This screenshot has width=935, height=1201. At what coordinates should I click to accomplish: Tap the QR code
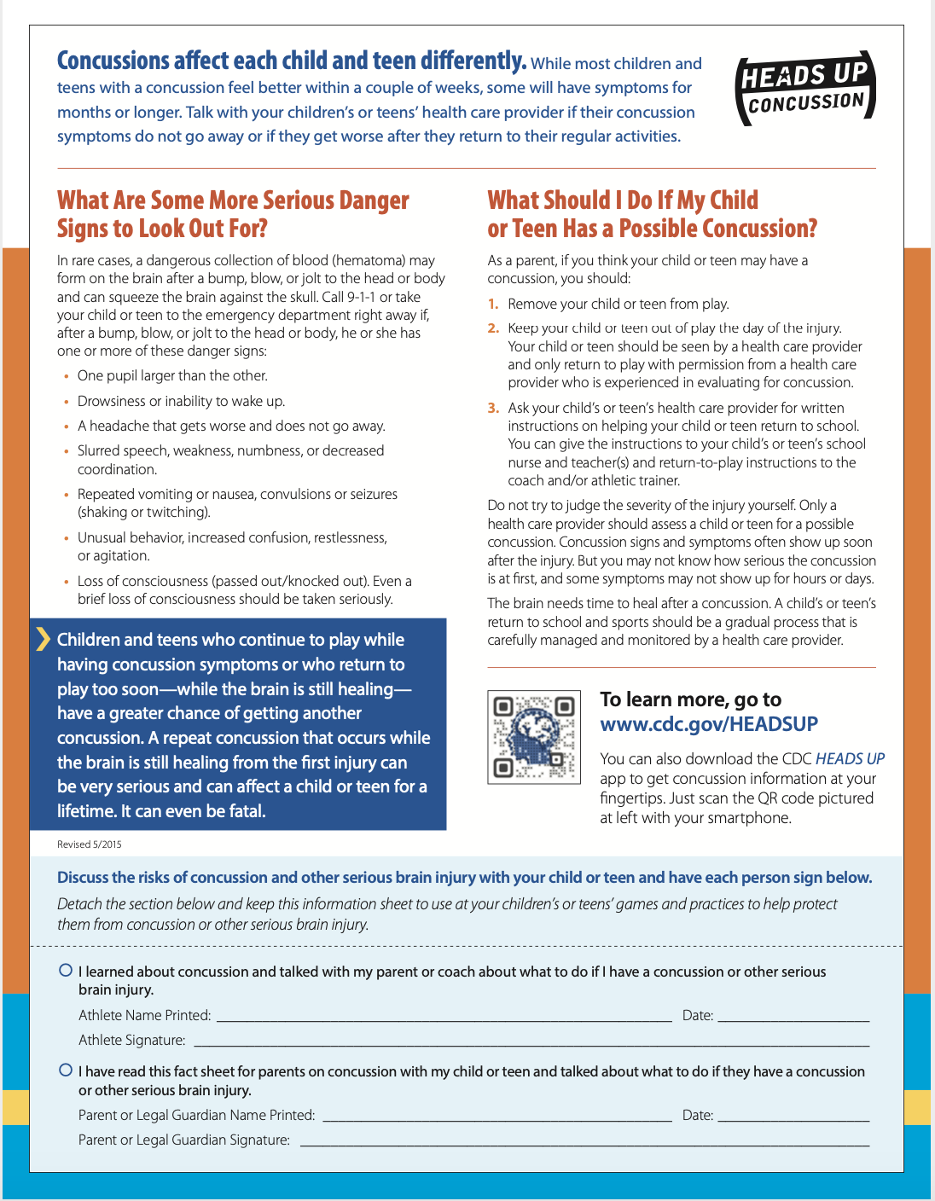[x=534, y=737]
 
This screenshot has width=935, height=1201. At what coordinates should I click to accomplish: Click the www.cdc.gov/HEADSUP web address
[x=709, y=724]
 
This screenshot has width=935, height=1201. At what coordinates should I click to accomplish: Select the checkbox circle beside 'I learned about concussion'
[x=66, y=970]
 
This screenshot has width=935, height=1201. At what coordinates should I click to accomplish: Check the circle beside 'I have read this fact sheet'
[x=66, y=1070]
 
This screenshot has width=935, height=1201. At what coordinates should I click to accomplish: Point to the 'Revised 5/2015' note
[x=90, y=844]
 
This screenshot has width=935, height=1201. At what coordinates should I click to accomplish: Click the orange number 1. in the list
[x=493, y=305]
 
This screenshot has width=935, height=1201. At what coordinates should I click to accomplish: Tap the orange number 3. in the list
[x=493, y=409]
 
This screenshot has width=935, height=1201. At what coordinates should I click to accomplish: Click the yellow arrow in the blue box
[x=43, y=639]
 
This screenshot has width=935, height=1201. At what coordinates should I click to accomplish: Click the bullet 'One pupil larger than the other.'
[x=172, y=376]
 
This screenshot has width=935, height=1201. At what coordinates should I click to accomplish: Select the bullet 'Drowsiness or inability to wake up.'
[x=181, y=401]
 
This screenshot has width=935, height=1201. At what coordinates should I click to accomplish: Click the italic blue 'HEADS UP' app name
[x=850, y=759]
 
